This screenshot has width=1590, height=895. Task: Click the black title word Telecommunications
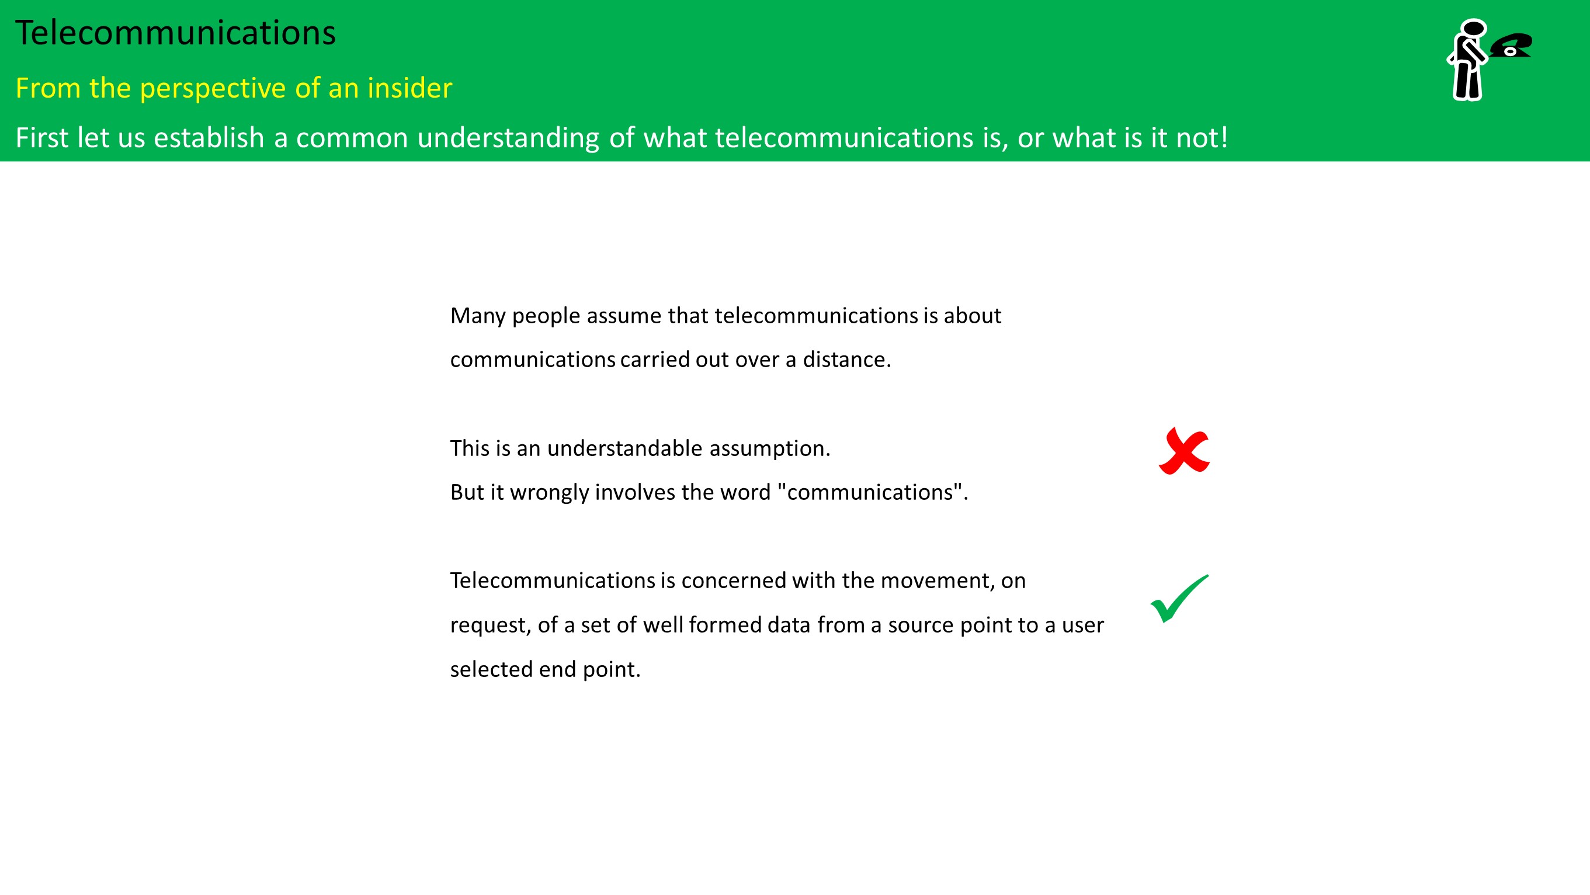[175, 33]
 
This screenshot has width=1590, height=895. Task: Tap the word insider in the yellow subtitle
[410, 88]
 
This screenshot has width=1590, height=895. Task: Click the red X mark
[1184, 451]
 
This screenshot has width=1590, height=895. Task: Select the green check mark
[1179, 599]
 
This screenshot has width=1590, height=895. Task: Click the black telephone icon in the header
[1511, 45]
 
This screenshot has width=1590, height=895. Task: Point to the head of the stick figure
[1473, 29]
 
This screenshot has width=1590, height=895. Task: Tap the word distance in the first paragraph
[847, 360]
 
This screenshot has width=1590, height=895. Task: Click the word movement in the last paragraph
[938, 580]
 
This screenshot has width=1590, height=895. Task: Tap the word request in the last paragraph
[491, 626]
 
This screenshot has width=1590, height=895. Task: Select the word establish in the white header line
[209, 137]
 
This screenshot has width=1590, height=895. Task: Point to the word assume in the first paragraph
[623, 316]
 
